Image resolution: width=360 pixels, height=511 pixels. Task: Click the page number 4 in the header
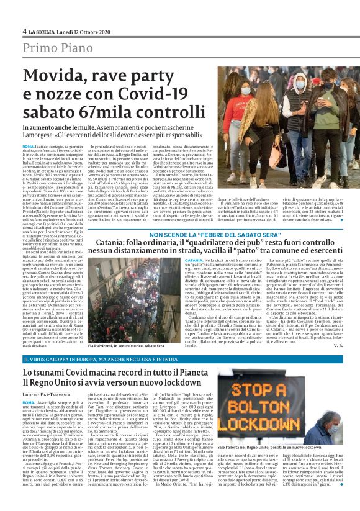point(24,30)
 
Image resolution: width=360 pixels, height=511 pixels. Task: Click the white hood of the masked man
point(300,81)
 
